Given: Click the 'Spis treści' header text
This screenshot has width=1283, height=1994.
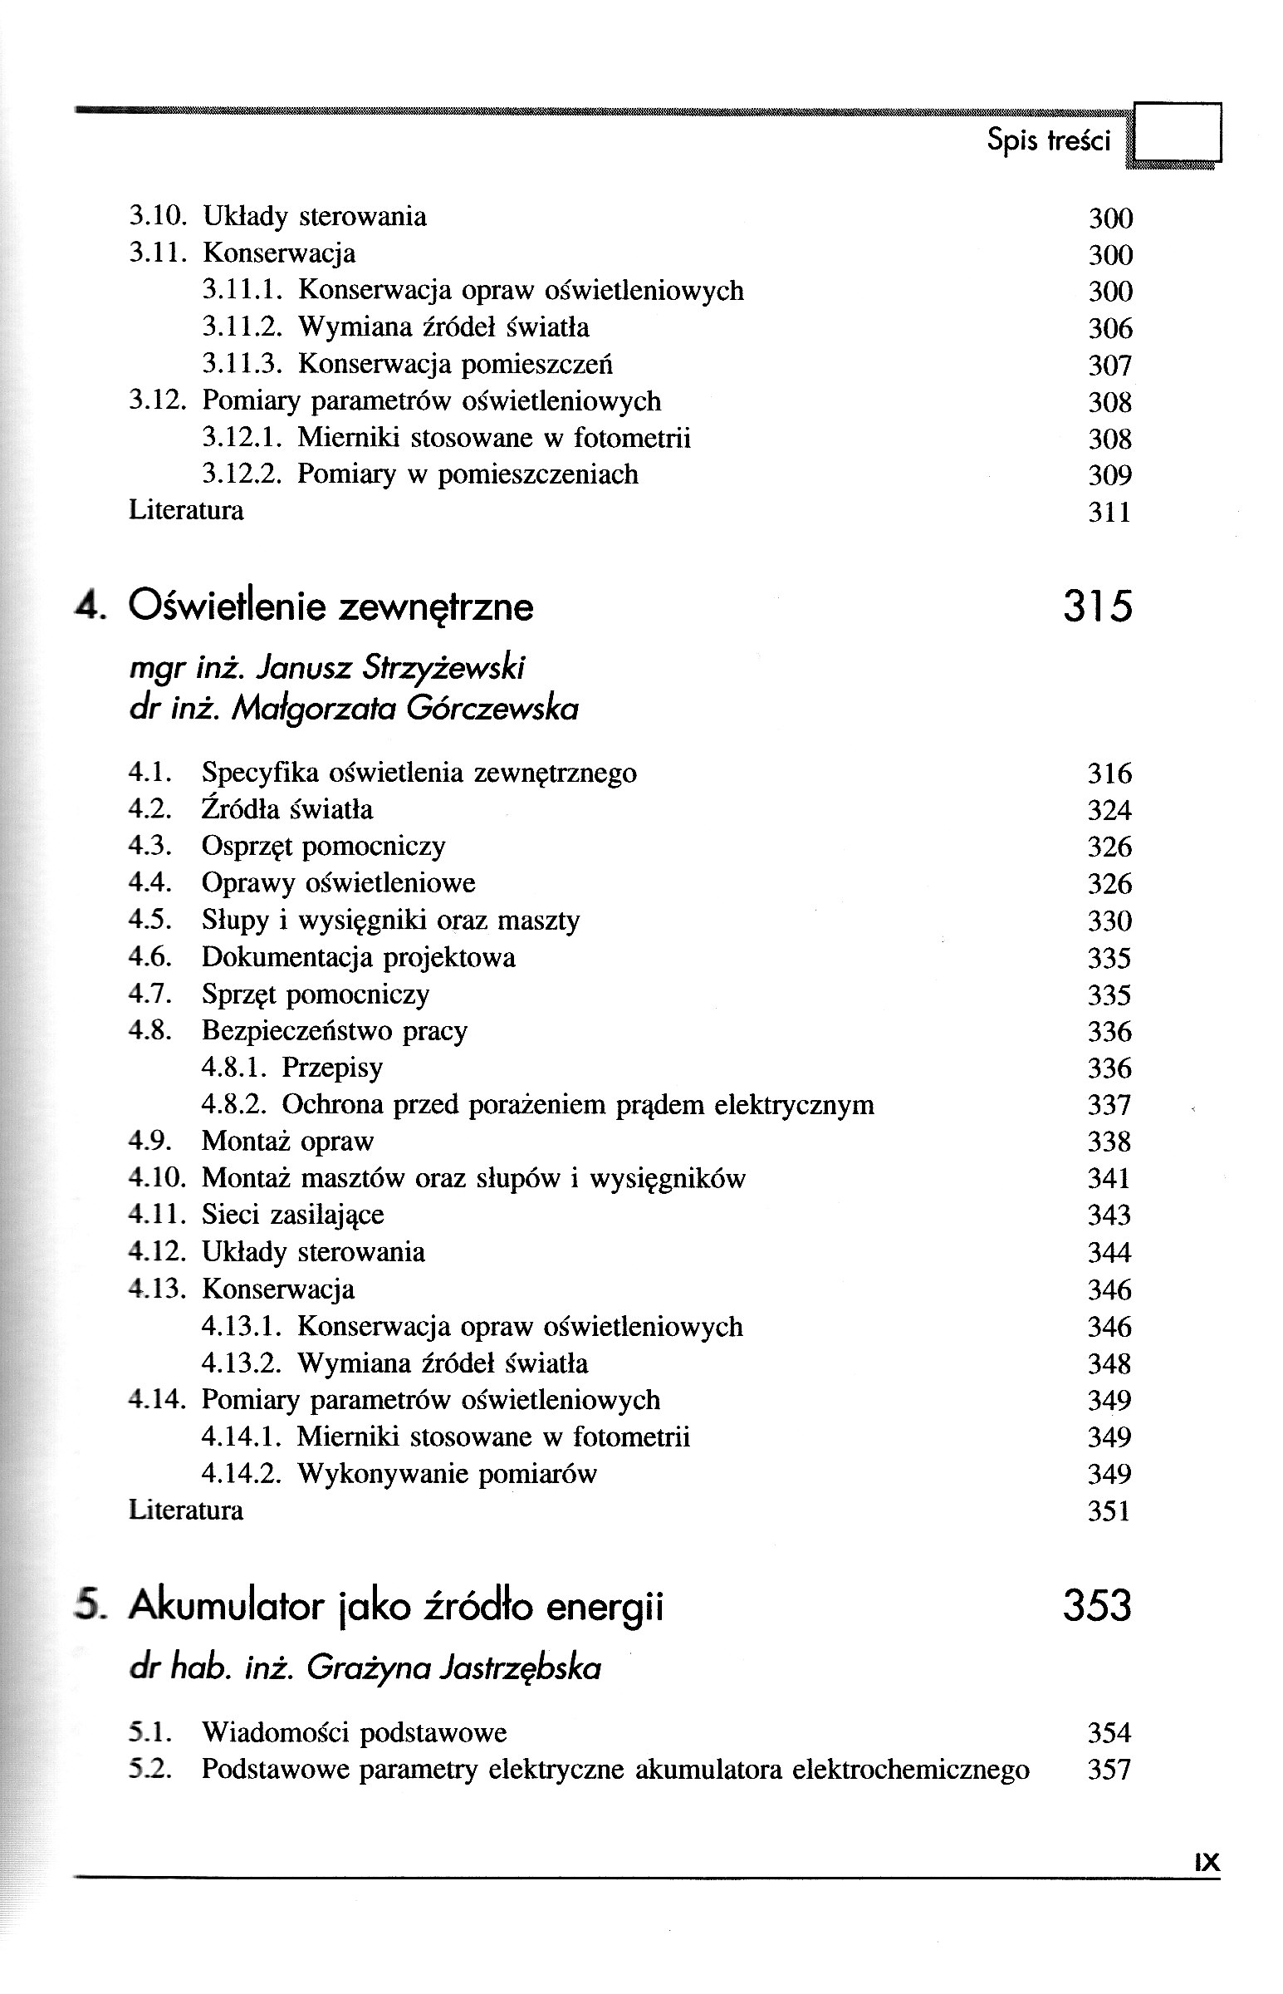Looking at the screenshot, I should tap(1048, 139).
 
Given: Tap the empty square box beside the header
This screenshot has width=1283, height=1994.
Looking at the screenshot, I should tap(1178, 131).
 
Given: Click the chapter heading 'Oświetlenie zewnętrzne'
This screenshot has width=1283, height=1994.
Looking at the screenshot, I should tap(331, 606).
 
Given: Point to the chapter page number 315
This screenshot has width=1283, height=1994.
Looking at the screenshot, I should tap(1097, 606).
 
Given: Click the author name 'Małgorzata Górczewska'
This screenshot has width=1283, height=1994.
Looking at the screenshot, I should tap(405, 708).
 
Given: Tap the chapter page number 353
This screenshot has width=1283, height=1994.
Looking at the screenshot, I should tap(1097, 1606).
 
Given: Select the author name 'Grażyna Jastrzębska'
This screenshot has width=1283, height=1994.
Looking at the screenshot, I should tap(453, 1667).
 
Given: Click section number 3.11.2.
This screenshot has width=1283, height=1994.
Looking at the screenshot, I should tap(243, 327).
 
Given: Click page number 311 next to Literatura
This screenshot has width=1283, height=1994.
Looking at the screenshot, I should tap(1109, 512).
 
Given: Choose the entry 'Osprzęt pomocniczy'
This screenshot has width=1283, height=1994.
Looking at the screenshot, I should tap(323, 847).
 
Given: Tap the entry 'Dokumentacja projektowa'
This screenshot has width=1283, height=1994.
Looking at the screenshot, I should tap(358, 957).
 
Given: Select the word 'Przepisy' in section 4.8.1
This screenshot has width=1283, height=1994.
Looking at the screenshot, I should tap(332, 1068).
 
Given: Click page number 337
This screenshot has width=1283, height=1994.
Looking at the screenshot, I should tap(1109, 1105).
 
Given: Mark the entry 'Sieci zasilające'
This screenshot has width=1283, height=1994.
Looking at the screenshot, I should tap(292, 1215).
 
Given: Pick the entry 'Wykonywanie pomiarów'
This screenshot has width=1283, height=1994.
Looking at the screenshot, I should tap(448, 1474).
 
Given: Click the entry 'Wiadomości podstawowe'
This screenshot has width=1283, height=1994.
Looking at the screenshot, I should tap(354, 1733).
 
